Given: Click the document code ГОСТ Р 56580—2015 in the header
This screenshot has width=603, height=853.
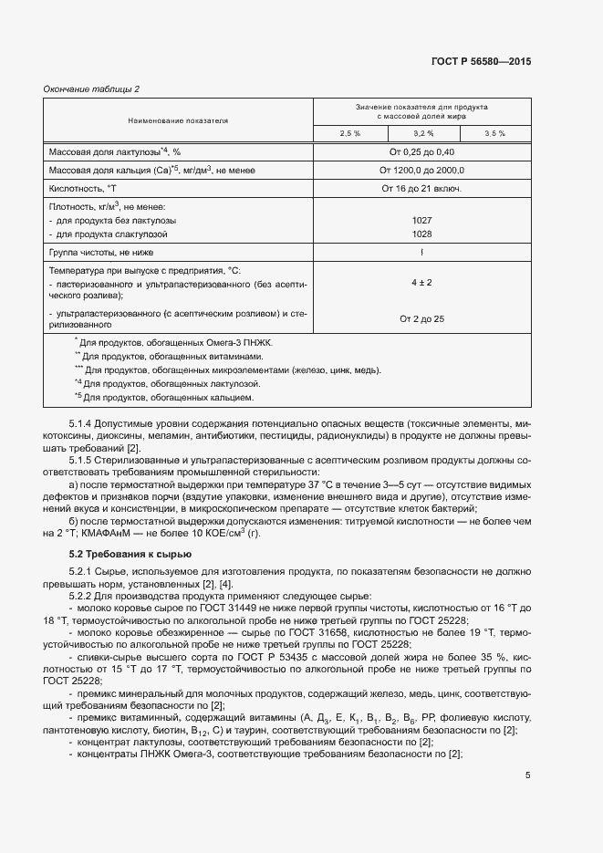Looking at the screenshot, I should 480,61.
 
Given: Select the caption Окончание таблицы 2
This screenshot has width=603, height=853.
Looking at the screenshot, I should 91,88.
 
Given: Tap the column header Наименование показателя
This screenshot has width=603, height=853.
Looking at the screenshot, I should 178,120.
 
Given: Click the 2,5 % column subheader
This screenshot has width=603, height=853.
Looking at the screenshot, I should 350,134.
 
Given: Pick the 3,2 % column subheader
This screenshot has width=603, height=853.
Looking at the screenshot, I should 422,134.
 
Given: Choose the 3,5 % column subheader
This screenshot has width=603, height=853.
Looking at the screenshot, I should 494,134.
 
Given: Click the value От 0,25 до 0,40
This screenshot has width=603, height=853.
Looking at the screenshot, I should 422,151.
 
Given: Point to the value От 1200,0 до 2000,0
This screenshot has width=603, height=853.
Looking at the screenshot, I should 422,170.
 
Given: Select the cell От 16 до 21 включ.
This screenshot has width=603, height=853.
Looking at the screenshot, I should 422,188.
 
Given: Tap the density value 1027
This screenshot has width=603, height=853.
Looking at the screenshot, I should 422,221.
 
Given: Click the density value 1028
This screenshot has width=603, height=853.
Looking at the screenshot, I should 422,234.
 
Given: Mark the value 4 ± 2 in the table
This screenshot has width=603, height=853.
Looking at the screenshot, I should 422,283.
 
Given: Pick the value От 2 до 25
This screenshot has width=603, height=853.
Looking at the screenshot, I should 422,318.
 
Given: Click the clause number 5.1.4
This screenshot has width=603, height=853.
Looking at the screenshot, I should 83,423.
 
